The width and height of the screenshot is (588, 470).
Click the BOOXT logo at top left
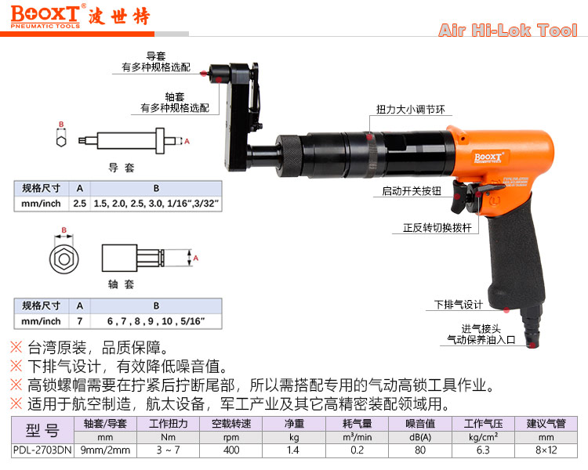tap(45, 16)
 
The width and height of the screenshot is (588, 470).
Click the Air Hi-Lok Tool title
tap(508, 30)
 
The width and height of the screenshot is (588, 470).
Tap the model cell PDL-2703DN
tap(42, 450)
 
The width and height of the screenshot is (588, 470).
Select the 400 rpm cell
tap(231, 450)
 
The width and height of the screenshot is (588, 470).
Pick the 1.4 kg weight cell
tap(294, 450)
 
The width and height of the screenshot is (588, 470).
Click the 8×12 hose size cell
tap(546, 450)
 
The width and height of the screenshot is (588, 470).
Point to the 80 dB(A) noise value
tap(420, 450)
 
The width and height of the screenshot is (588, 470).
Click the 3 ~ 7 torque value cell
tap(168, 450)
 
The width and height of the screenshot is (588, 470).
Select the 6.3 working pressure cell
tap(483, 450)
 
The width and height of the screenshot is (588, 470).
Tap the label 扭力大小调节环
tap(410, 110)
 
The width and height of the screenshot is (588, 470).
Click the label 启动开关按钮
tap(412, 191)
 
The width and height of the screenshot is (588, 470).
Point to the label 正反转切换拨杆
tap(437, 227)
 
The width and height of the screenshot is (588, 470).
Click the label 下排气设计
tap(459, 305)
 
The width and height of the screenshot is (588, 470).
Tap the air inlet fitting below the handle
tap(532, 327)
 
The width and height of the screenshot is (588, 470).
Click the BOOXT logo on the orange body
tap(488, 157)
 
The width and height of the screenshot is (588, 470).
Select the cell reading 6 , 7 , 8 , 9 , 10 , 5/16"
tap(156, 321)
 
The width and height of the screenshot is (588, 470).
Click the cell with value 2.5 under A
tap(79, 204)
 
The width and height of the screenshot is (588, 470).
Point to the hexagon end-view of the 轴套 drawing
tap(64, 258)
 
